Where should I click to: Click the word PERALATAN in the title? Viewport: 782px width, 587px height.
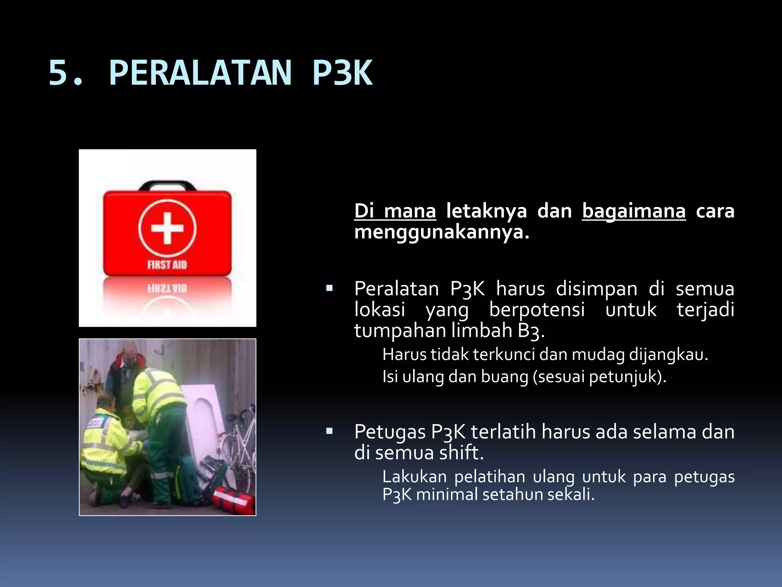point(200,73)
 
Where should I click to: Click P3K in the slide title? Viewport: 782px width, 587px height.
point(342,73)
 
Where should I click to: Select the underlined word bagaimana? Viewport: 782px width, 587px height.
point(634,211)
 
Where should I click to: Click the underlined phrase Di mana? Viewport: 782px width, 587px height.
point(395,211)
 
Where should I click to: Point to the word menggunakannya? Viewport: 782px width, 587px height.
point(441,232)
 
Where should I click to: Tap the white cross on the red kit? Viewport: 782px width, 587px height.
point(167,228)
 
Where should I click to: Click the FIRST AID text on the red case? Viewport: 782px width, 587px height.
point(167,264)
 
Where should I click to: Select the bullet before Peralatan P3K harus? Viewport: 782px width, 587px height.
point(329,289)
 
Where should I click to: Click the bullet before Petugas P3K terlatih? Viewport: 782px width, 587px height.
point(329,432)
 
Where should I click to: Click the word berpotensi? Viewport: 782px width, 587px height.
point(537,309)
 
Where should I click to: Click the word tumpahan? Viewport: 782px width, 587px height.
point(400,330)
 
